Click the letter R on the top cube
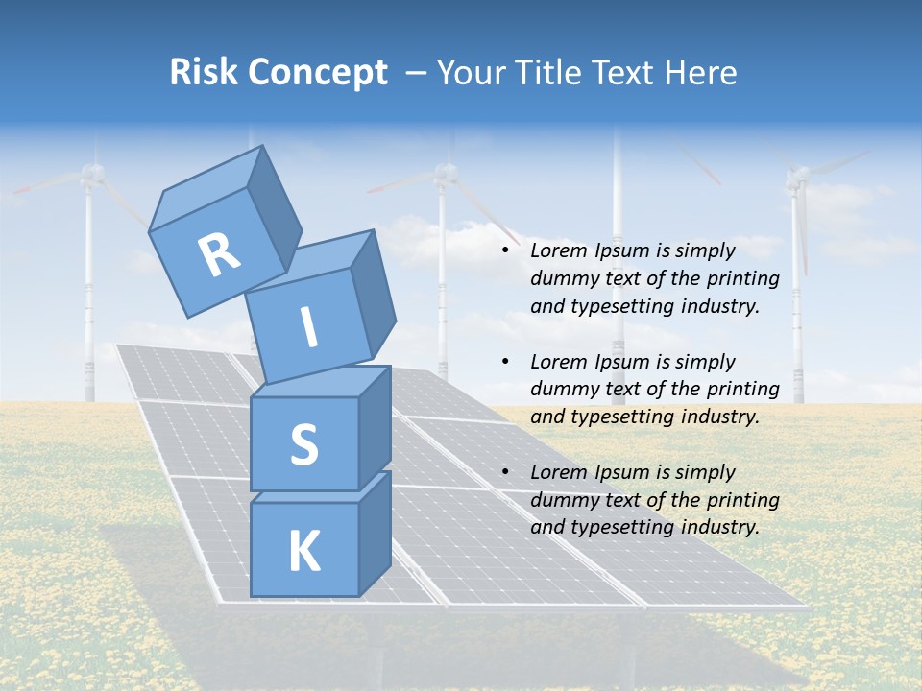tap(219, 254)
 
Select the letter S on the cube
tap(303, 444)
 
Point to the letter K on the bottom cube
tap(303, 552)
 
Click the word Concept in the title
tap(316, 72)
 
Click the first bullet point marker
tap(506, 251)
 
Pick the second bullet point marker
tap(506, 362)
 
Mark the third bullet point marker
tap(506, 472)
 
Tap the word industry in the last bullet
tap(719, 527)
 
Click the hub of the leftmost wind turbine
tap(91, 173)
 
